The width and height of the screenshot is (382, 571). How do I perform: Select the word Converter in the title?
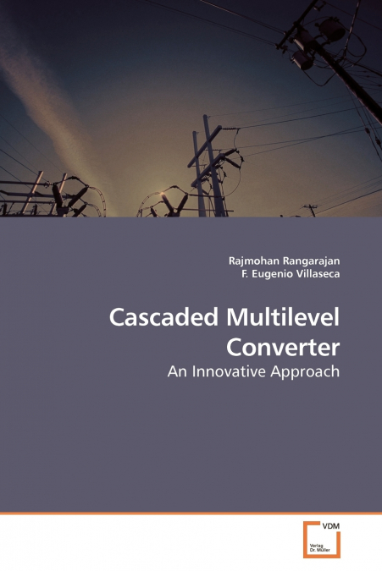tap(283, 347)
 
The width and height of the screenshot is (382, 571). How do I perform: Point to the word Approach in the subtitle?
tap(307, 371)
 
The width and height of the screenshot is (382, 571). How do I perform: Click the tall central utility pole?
tap(204, 169)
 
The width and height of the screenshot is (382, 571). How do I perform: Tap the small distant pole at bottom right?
tap(312, 210)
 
